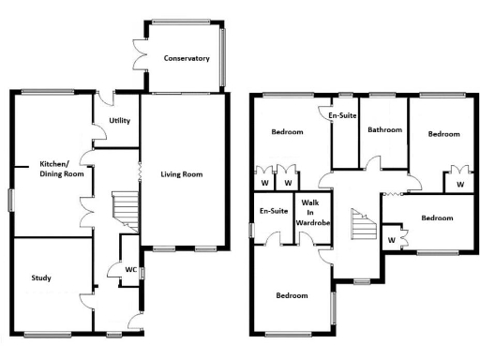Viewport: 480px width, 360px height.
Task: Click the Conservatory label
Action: (x=187, y=59)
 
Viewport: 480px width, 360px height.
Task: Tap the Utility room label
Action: (x=119, y=121)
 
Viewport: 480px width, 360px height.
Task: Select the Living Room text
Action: (x=181, y=174)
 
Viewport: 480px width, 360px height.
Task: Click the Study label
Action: (x=41, y=278)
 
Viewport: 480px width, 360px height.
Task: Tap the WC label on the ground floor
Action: (x=131, y=270)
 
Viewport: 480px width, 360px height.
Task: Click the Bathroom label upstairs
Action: (x=384, y=130)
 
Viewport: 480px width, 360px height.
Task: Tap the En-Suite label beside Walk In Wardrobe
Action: (x=273, y=211)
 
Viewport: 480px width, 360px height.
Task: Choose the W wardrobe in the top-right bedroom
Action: (x=459, y=185)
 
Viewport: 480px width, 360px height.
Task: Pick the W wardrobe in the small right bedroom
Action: (x=391, y=240)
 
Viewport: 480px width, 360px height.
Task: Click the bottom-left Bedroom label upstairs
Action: (x=292, y=296)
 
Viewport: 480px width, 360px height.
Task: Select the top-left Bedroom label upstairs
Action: (x=287, y=132)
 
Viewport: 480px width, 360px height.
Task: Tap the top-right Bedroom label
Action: (x=443, y=135)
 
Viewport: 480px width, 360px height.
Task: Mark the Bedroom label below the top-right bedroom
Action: (x=436, y=218)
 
